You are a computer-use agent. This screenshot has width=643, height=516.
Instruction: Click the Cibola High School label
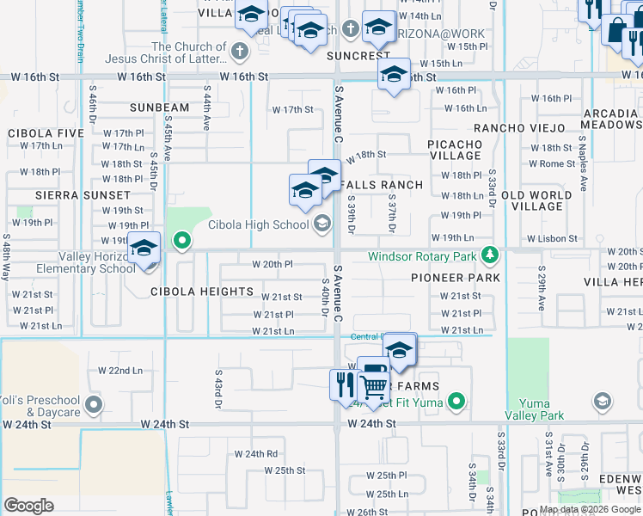258,225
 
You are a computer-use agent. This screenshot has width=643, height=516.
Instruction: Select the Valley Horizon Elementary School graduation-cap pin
144,250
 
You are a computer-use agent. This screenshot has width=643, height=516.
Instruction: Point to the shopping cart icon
372,387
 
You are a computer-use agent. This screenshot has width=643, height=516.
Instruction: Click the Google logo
28,506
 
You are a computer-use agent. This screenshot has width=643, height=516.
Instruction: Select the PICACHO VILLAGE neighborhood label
456,150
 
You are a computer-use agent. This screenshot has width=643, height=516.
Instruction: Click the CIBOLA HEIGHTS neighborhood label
202,292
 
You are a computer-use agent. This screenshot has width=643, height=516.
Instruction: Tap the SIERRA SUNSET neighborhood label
70,195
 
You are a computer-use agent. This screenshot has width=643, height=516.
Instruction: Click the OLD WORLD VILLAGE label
537,201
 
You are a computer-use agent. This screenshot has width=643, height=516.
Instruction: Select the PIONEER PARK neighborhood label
456,279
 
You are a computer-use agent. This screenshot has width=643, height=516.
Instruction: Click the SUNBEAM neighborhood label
159,107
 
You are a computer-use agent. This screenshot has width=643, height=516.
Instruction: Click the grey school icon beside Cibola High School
322,224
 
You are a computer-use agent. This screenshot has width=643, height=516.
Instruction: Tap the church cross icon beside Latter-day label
240,52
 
